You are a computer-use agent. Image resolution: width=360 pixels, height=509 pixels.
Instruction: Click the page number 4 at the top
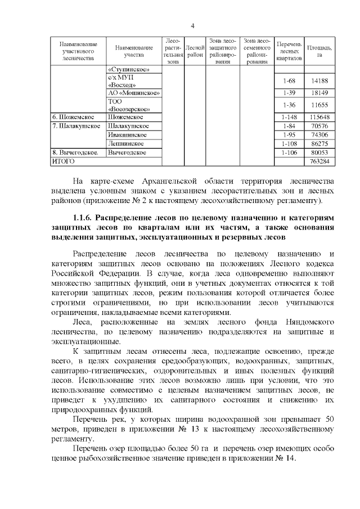(x=192, y=26)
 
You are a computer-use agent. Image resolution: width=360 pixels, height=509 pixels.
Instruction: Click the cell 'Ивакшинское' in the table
(x=128, y=135)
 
